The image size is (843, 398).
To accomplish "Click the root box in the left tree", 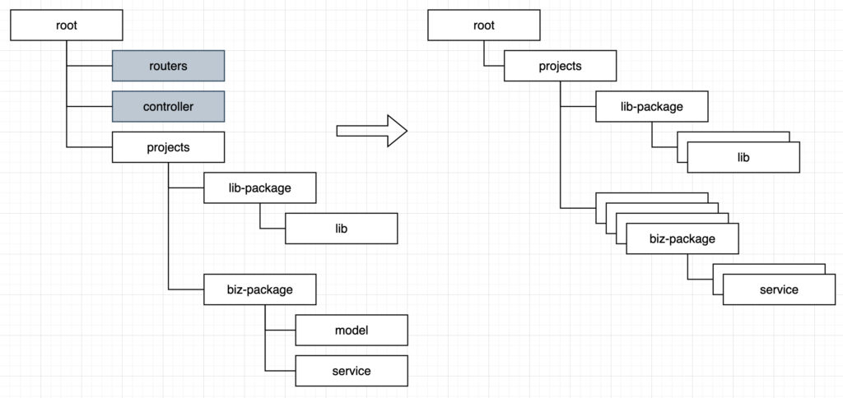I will [x=66, y=25].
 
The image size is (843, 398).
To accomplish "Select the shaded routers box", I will [x=168, y=66].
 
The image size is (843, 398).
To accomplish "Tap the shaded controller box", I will [x=168, y=107].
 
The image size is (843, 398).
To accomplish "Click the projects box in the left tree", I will [x=168, y=148].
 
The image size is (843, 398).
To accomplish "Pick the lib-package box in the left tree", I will [x=259, y=188].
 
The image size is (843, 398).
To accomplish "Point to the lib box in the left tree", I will [x=341, y=229].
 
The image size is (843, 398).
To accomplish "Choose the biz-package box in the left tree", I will [x=259, y=289].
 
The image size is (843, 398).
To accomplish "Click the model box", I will [x=352, y=330].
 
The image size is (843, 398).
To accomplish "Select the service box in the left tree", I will [x=352, y=371].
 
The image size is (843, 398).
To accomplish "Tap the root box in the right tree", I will [x=484, y=25].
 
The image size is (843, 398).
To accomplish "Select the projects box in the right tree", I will [x=560, y=66].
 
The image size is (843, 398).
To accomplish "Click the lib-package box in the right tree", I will [x=651, y=106].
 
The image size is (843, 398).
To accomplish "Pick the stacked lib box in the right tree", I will [x=743, y=156].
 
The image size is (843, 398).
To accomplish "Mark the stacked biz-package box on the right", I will [x=682, y=238].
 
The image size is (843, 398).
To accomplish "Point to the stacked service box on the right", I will [x=779, y=289].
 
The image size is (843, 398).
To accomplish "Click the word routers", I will [x=168, y=66].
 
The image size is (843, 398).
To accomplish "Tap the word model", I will [x=352, y=330].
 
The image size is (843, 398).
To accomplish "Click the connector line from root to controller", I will [x=89, y=107].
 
